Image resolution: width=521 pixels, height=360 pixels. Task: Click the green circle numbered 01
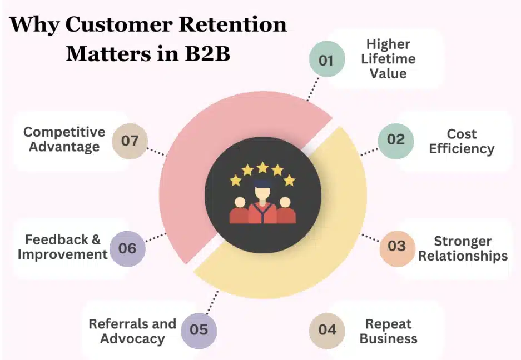pos(326,60)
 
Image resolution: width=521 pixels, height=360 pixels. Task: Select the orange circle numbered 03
pos(397,246)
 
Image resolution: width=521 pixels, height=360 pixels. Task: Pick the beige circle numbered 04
pos(327,330)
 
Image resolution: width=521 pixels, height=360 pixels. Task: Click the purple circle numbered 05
pos(199,330)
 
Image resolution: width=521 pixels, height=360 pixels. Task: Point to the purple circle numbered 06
pos(127,248)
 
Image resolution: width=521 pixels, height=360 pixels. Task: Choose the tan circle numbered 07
pos(130,141)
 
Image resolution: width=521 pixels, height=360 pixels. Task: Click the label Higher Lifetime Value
pos(388,59)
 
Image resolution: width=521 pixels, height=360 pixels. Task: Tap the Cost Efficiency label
pos(462,141)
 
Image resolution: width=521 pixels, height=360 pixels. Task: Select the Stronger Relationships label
pos(463,248)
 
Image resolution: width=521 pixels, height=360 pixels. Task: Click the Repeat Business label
pos(388,331)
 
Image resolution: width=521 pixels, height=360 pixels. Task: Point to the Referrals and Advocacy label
pos(132,331)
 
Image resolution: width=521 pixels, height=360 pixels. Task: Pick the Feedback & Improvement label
pos(62,247)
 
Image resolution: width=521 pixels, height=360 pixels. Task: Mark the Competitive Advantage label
pos(64,139)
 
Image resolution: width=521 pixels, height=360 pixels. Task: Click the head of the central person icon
pos(262,192)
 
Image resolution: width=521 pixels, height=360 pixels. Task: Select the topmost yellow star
pos(262,167)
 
